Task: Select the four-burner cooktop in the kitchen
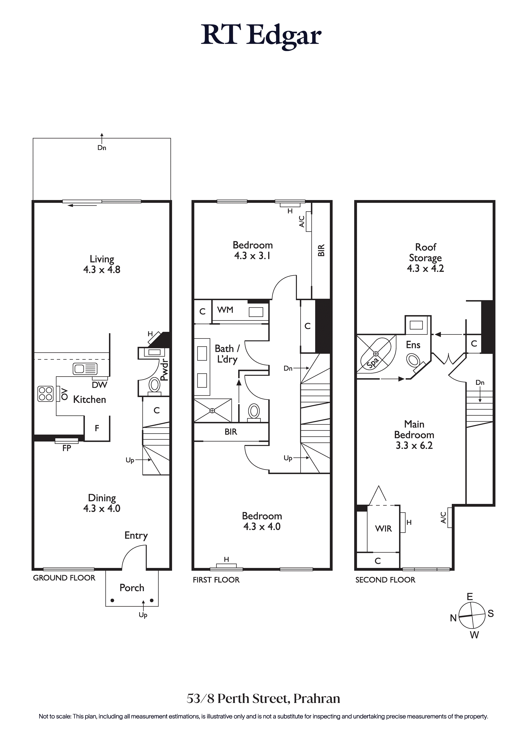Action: (46, 394)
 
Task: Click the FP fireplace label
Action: (67, 448)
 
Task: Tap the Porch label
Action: (132, 588)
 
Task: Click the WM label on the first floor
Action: (225, 310)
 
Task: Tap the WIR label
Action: (383, 529)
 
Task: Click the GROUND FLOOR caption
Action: (64, 578)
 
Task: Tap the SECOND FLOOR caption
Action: (385, 580)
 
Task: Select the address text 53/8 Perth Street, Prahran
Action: (263, 699)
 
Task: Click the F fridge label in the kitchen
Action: (97, 428)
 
